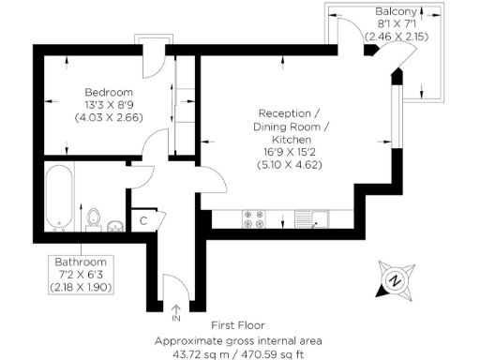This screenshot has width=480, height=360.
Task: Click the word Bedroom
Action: click(107, 92)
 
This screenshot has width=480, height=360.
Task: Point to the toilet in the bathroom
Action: click(94, 218)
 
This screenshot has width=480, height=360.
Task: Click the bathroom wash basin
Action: click(115, 224)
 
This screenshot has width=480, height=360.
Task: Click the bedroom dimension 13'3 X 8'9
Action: click(107, 105)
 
